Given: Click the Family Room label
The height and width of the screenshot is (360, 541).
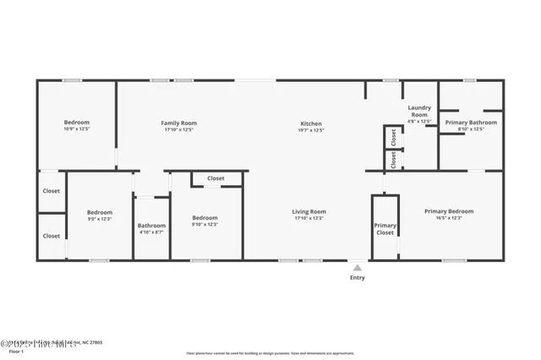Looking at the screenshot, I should (x=178, y=123).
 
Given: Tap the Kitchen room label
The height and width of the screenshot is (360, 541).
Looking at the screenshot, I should (x=311, y=123).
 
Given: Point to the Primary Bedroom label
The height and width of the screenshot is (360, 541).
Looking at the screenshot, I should (x=449, y=211).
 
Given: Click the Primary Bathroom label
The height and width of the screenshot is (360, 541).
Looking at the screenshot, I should (x=471, y=123).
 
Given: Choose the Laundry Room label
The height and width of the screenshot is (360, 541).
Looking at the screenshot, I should (x=420, y=111).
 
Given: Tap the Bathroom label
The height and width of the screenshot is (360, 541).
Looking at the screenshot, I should (x=151, y=225).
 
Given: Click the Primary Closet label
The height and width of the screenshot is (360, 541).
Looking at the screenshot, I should (x=385, y=229).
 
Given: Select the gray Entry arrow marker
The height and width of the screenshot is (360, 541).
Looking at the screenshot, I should (x=358, y=268).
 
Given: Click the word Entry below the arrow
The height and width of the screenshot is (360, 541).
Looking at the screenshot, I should (x=358, y=278).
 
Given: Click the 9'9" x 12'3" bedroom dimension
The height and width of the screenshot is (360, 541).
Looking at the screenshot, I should (x=99, y=219).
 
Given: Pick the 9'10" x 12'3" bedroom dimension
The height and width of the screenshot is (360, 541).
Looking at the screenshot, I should (x=205, y=224).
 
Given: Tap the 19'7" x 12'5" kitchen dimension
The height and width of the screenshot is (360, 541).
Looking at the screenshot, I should (x=311, y=130).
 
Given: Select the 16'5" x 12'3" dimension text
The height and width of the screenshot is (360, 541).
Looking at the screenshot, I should (x=449, y=218).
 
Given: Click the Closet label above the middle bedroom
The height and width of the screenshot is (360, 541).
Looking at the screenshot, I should (x=216, y=178).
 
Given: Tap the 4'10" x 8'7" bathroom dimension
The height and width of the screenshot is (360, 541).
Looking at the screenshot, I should (x=151, y=232).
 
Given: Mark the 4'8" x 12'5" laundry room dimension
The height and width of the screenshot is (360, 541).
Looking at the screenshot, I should (x=420, y=122).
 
